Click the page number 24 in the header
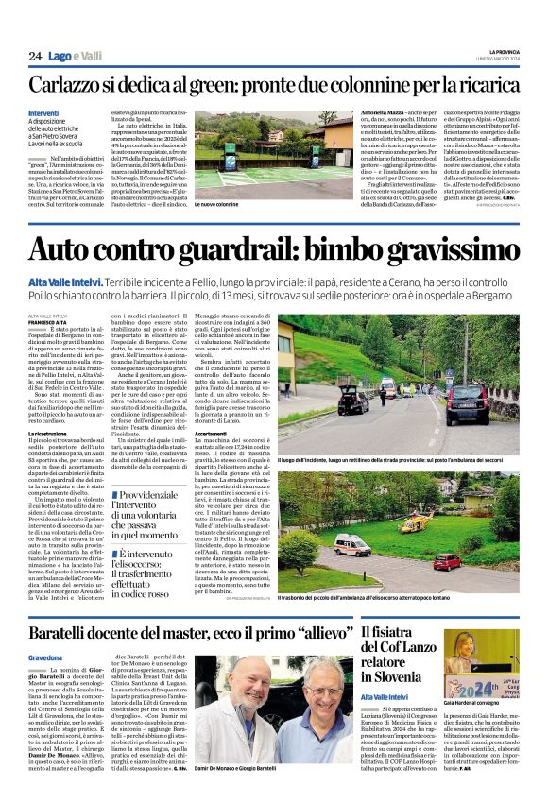(35, 57)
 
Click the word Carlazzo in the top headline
(72, 86)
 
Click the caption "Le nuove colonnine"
(216, 204)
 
